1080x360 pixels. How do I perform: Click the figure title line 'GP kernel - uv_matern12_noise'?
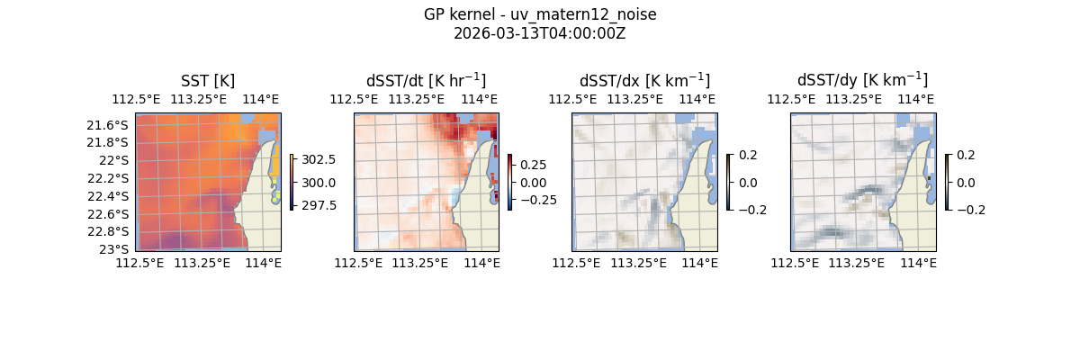(540, 14)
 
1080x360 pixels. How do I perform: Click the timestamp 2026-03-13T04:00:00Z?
(540, 33)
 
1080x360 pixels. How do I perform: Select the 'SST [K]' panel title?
(208, 81)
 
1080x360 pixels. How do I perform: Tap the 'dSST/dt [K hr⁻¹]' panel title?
(426, 81)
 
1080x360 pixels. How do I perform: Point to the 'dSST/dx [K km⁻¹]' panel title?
(644, 81)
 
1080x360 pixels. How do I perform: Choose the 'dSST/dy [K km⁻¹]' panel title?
(862, 81)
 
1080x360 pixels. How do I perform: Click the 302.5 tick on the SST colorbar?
(319, 159)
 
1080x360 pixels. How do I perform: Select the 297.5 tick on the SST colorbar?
(319, 205)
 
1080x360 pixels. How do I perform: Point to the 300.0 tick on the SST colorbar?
(319, 183)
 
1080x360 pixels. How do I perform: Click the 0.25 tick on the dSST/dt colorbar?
(533, 165)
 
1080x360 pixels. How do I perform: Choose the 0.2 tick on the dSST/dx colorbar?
(748, 155)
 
